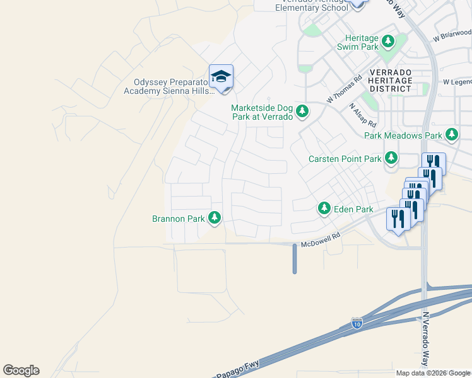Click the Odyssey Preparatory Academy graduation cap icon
[x=221, y=77]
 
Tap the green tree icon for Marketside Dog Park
[x=303, y=112]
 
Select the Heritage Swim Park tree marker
[x=388, y=42]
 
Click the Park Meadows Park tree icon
[x=451, y=135]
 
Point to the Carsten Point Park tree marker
[x=391, y=157]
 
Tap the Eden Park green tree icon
[x=324, y=208]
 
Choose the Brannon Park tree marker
[x=215, y=218]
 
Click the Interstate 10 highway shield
[x=357, y=324]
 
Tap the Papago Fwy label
[x=232, y=373]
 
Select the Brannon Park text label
[x=179, y=219]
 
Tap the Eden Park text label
[x=354, y=209]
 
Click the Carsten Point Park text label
[x=345, y=159]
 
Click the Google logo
[x=21, y=370]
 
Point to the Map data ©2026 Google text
[x=432, y=373]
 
